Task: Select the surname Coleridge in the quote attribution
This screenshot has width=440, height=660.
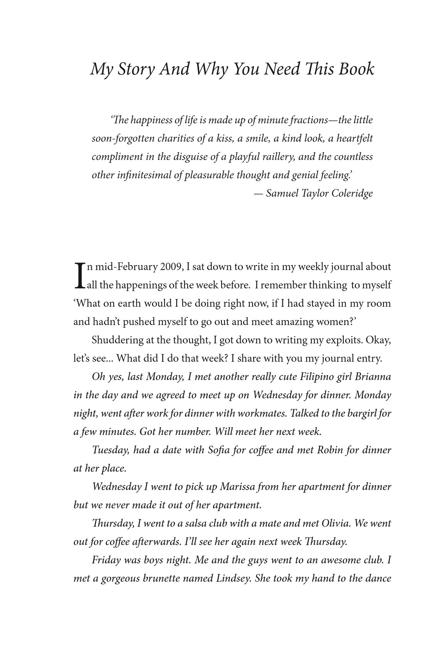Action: (x=352, y=193)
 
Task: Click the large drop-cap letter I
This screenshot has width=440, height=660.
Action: (x=79, y=275)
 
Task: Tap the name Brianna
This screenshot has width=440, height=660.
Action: (x=373, y=377)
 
